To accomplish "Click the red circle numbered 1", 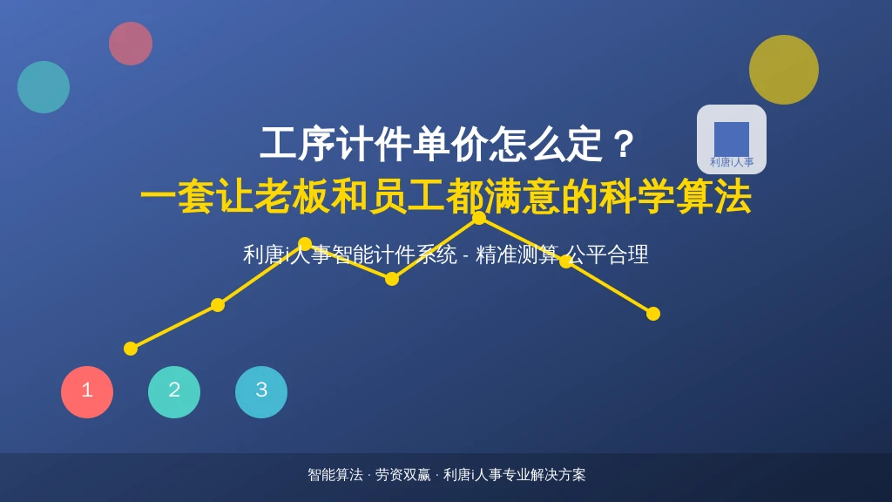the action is [x=87, y=392].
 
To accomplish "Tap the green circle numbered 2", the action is [x=174, y=392].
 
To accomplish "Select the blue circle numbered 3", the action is [x=261, y=392].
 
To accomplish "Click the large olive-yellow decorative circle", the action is [x=784, y=70].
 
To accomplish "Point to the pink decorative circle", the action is [x=131, y=44].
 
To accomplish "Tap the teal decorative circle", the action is [x=44, y=87].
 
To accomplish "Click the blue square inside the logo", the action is [x=732, y=139].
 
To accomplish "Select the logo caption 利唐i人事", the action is [x=732, y=162].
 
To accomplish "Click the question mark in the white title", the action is [x=624, y=144].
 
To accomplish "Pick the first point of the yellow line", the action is [x=131, y=349].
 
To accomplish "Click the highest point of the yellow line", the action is [x=479, y=217].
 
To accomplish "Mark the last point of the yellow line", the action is [x=653, y=314].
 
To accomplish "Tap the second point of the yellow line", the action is [x=217, y=305].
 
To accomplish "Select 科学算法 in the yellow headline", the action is [x=675, y=197].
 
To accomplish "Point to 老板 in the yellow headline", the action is [x=291, y=197].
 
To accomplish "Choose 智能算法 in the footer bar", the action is [x=335, y=475].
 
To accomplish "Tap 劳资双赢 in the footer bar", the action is [x=402, y=475].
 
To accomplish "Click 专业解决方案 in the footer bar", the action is [x=544, y=475].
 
